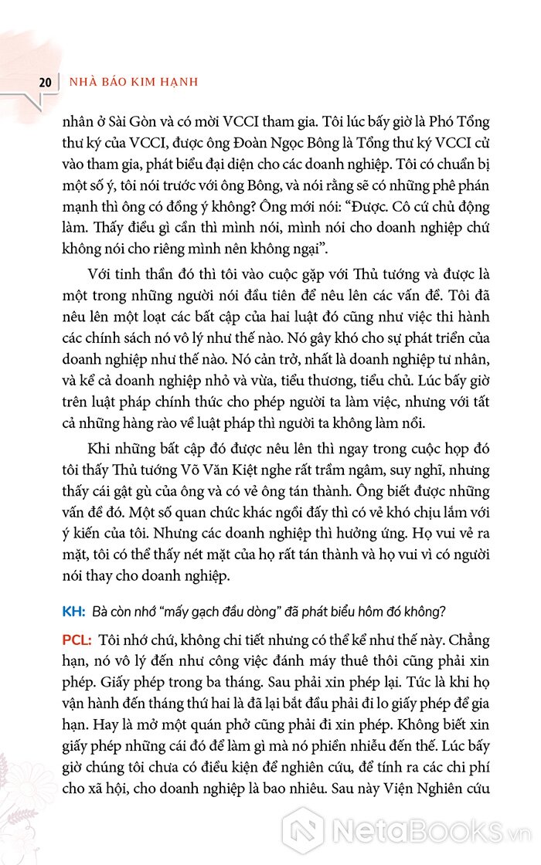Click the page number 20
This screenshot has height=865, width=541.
(x=44, y=81)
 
